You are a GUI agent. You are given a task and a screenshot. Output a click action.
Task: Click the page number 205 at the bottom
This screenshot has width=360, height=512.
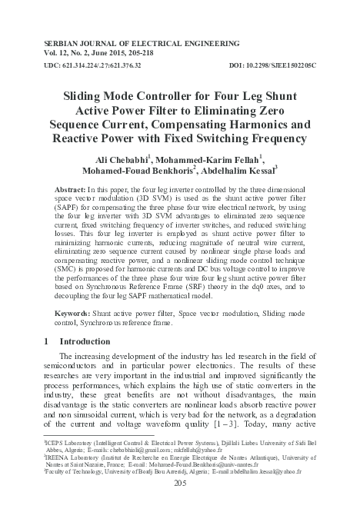(x=180, y=484)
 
